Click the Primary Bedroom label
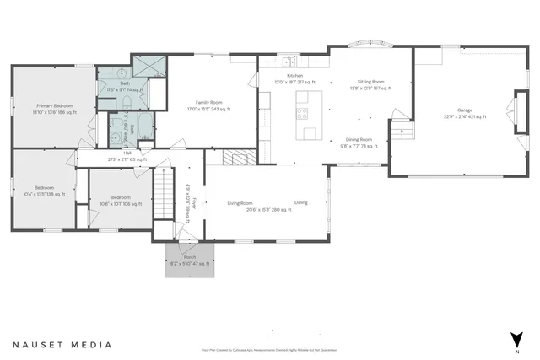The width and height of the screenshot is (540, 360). (55, 105)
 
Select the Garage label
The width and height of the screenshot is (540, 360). (465, 110)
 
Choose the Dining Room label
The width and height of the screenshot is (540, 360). (361, 140)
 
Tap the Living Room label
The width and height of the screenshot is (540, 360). (240, 202)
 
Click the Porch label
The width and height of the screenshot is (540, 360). (190, 256)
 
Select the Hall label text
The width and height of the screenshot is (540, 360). (127, 153)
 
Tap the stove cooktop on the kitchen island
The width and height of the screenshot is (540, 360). (305, 107)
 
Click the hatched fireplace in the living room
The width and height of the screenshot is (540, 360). (235, 158)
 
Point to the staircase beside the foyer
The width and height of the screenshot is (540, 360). (164, 195)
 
